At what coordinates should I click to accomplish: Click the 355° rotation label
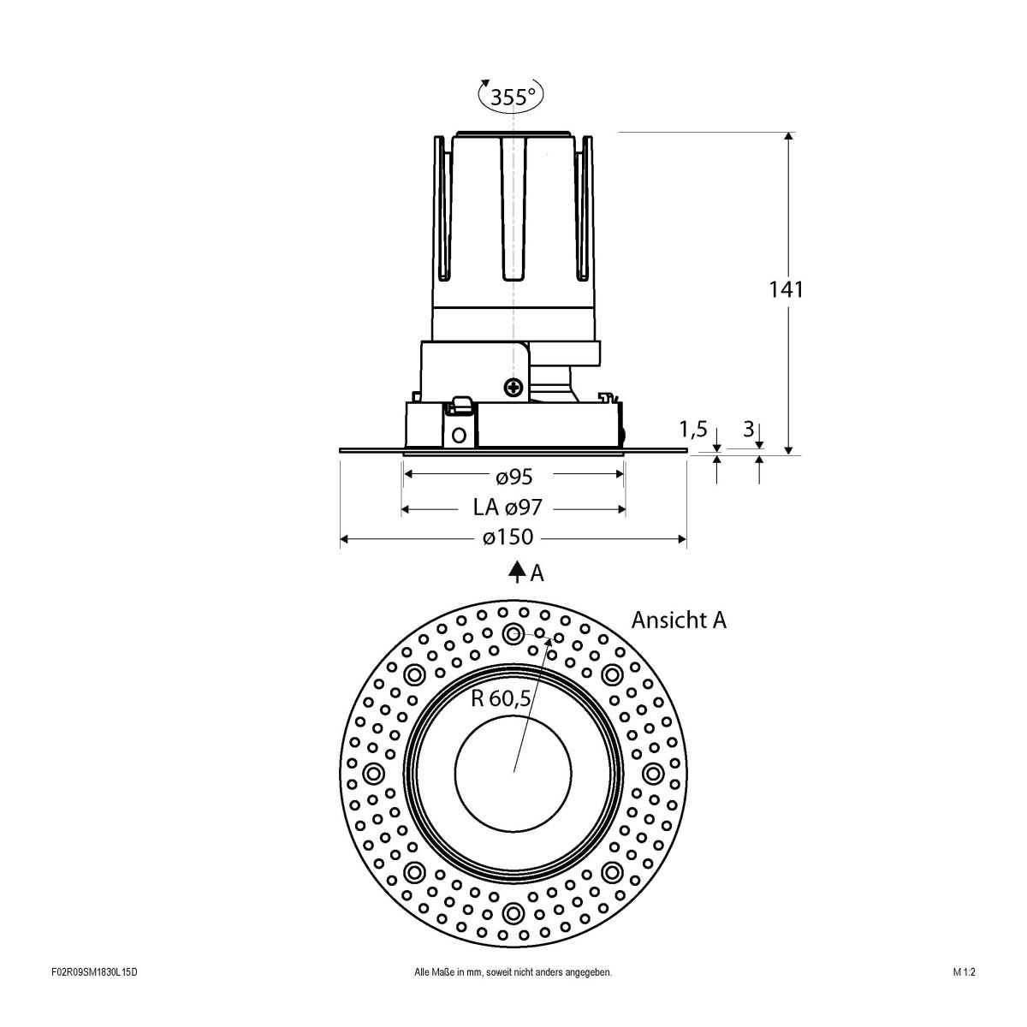[x=513, y=97]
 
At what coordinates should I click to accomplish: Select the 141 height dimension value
[x=785, y=289]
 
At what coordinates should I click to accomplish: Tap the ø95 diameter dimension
[x=513, y=475]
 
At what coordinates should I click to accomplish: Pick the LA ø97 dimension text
[x=508, y=508]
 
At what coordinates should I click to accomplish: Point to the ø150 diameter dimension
[x=508, y=537]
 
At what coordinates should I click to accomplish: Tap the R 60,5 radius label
[x=502, y=698]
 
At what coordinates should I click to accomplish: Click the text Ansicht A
[x=679, y=620]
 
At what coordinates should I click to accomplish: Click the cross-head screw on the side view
[x=513, y=388]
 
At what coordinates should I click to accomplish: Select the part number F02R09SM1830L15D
[x=94, y=996]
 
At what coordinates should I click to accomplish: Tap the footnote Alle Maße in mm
[x=513, y=996]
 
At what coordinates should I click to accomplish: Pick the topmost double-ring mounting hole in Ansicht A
[x=513, y=634]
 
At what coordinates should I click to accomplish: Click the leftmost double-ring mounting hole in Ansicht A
[x=374, y=774]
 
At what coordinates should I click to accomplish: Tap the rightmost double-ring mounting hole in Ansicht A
[x=653, y=774]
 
